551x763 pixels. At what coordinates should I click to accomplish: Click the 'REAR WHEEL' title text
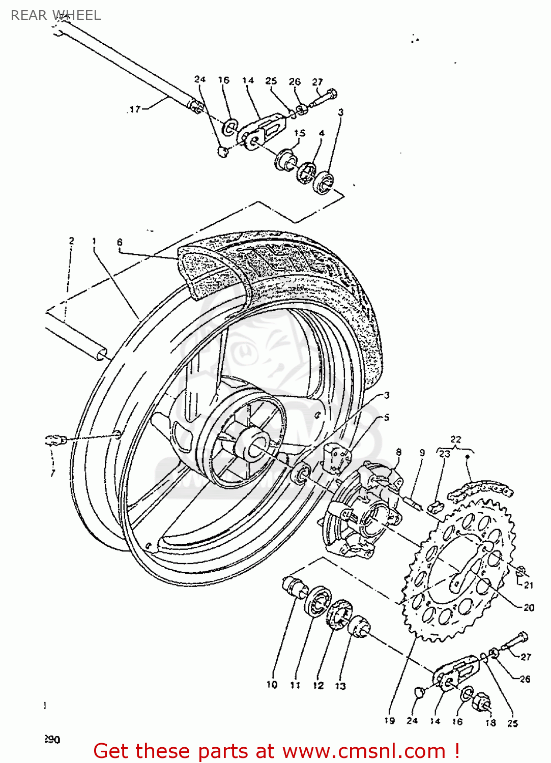56,15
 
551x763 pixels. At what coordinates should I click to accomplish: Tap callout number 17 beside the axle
135,109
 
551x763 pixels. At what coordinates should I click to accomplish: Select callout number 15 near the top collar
300,133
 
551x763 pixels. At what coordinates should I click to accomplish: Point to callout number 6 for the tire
120,242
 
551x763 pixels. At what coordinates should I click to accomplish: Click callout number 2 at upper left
71,241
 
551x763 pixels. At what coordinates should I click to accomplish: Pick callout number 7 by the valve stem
52,473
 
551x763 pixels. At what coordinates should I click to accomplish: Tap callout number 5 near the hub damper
386,418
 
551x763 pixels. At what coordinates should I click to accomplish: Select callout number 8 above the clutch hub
398,452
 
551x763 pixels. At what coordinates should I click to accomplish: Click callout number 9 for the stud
422,452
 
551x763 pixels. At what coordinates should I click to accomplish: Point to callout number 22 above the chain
456,439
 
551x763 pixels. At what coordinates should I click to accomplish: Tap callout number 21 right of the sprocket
529,585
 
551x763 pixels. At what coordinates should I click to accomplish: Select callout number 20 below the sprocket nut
529,607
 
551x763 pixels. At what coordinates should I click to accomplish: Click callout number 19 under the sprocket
389,720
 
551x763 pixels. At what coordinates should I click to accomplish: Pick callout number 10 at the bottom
272,685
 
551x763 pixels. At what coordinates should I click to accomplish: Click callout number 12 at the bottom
318,685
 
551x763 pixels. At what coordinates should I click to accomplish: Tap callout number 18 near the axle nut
490,722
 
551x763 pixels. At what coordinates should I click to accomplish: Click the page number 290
52,739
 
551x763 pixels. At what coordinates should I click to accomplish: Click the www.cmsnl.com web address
364,751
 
